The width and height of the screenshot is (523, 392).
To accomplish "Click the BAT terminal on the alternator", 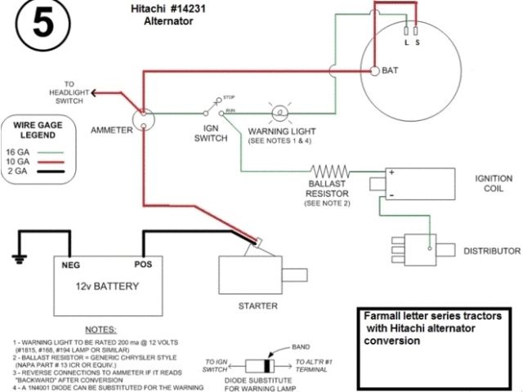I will pos(373,71).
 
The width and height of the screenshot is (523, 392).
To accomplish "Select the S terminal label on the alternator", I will pos(418,42).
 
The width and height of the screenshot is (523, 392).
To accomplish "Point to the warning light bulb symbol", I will pos(277,112).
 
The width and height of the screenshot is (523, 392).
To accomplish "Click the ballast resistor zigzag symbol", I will pos(330,172).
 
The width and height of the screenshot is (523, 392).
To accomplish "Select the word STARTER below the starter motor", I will pos(257,306).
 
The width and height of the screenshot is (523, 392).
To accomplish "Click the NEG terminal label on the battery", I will pos(70,265).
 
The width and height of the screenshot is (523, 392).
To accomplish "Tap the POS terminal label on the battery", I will pos(144,265).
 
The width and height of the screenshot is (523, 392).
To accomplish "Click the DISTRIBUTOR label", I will pos(492,250).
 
